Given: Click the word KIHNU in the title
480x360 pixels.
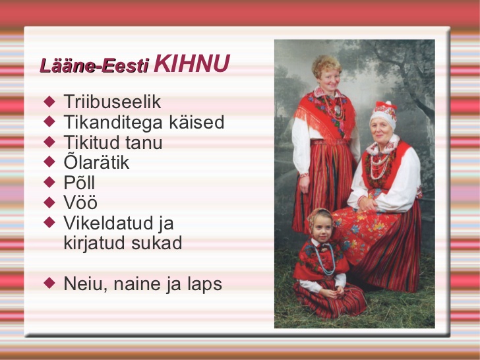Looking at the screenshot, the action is [192, 63].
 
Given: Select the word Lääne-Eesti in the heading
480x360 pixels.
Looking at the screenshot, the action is [94, 65].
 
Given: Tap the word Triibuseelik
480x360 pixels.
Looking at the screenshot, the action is [112, 102].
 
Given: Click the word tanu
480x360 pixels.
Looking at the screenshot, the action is [144, 142].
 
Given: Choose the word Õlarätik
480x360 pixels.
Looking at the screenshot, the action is [96, 162].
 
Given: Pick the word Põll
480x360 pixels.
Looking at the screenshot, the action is [79, 183].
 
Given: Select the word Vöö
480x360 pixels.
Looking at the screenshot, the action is [80, 202].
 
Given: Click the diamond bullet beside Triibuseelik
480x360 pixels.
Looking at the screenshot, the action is [49, 102].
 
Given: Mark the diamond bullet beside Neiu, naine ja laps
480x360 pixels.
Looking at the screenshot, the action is [49, 283].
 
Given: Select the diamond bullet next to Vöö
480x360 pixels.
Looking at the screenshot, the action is [49, 202].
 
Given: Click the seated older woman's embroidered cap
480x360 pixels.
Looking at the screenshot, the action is [383, 114].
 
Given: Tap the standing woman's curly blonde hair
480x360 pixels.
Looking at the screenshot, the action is [326, 65].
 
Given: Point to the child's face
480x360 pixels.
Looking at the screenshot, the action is [322, 228].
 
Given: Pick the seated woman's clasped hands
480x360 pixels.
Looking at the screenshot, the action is [368, 204].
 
